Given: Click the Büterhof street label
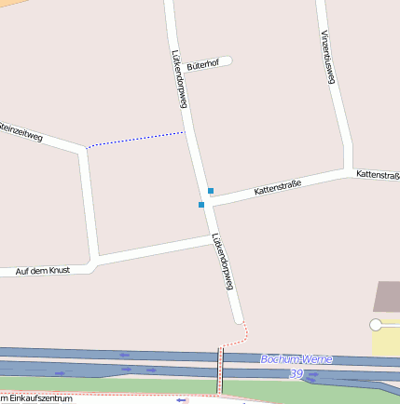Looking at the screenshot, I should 202,65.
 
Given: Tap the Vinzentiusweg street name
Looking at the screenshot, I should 326,57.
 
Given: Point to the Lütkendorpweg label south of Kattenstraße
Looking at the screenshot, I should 222,262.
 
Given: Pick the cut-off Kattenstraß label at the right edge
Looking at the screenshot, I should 378,174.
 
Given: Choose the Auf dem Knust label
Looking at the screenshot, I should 43,271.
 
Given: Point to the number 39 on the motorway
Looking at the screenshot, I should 297,373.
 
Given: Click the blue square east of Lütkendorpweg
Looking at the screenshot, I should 211,191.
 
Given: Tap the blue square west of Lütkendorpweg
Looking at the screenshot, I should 200,205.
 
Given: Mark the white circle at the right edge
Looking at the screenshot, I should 376,325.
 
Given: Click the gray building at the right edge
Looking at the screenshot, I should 388,297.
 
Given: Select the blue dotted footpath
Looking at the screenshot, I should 136,140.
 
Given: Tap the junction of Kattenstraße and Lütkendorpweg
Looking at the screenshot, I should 206,197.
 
